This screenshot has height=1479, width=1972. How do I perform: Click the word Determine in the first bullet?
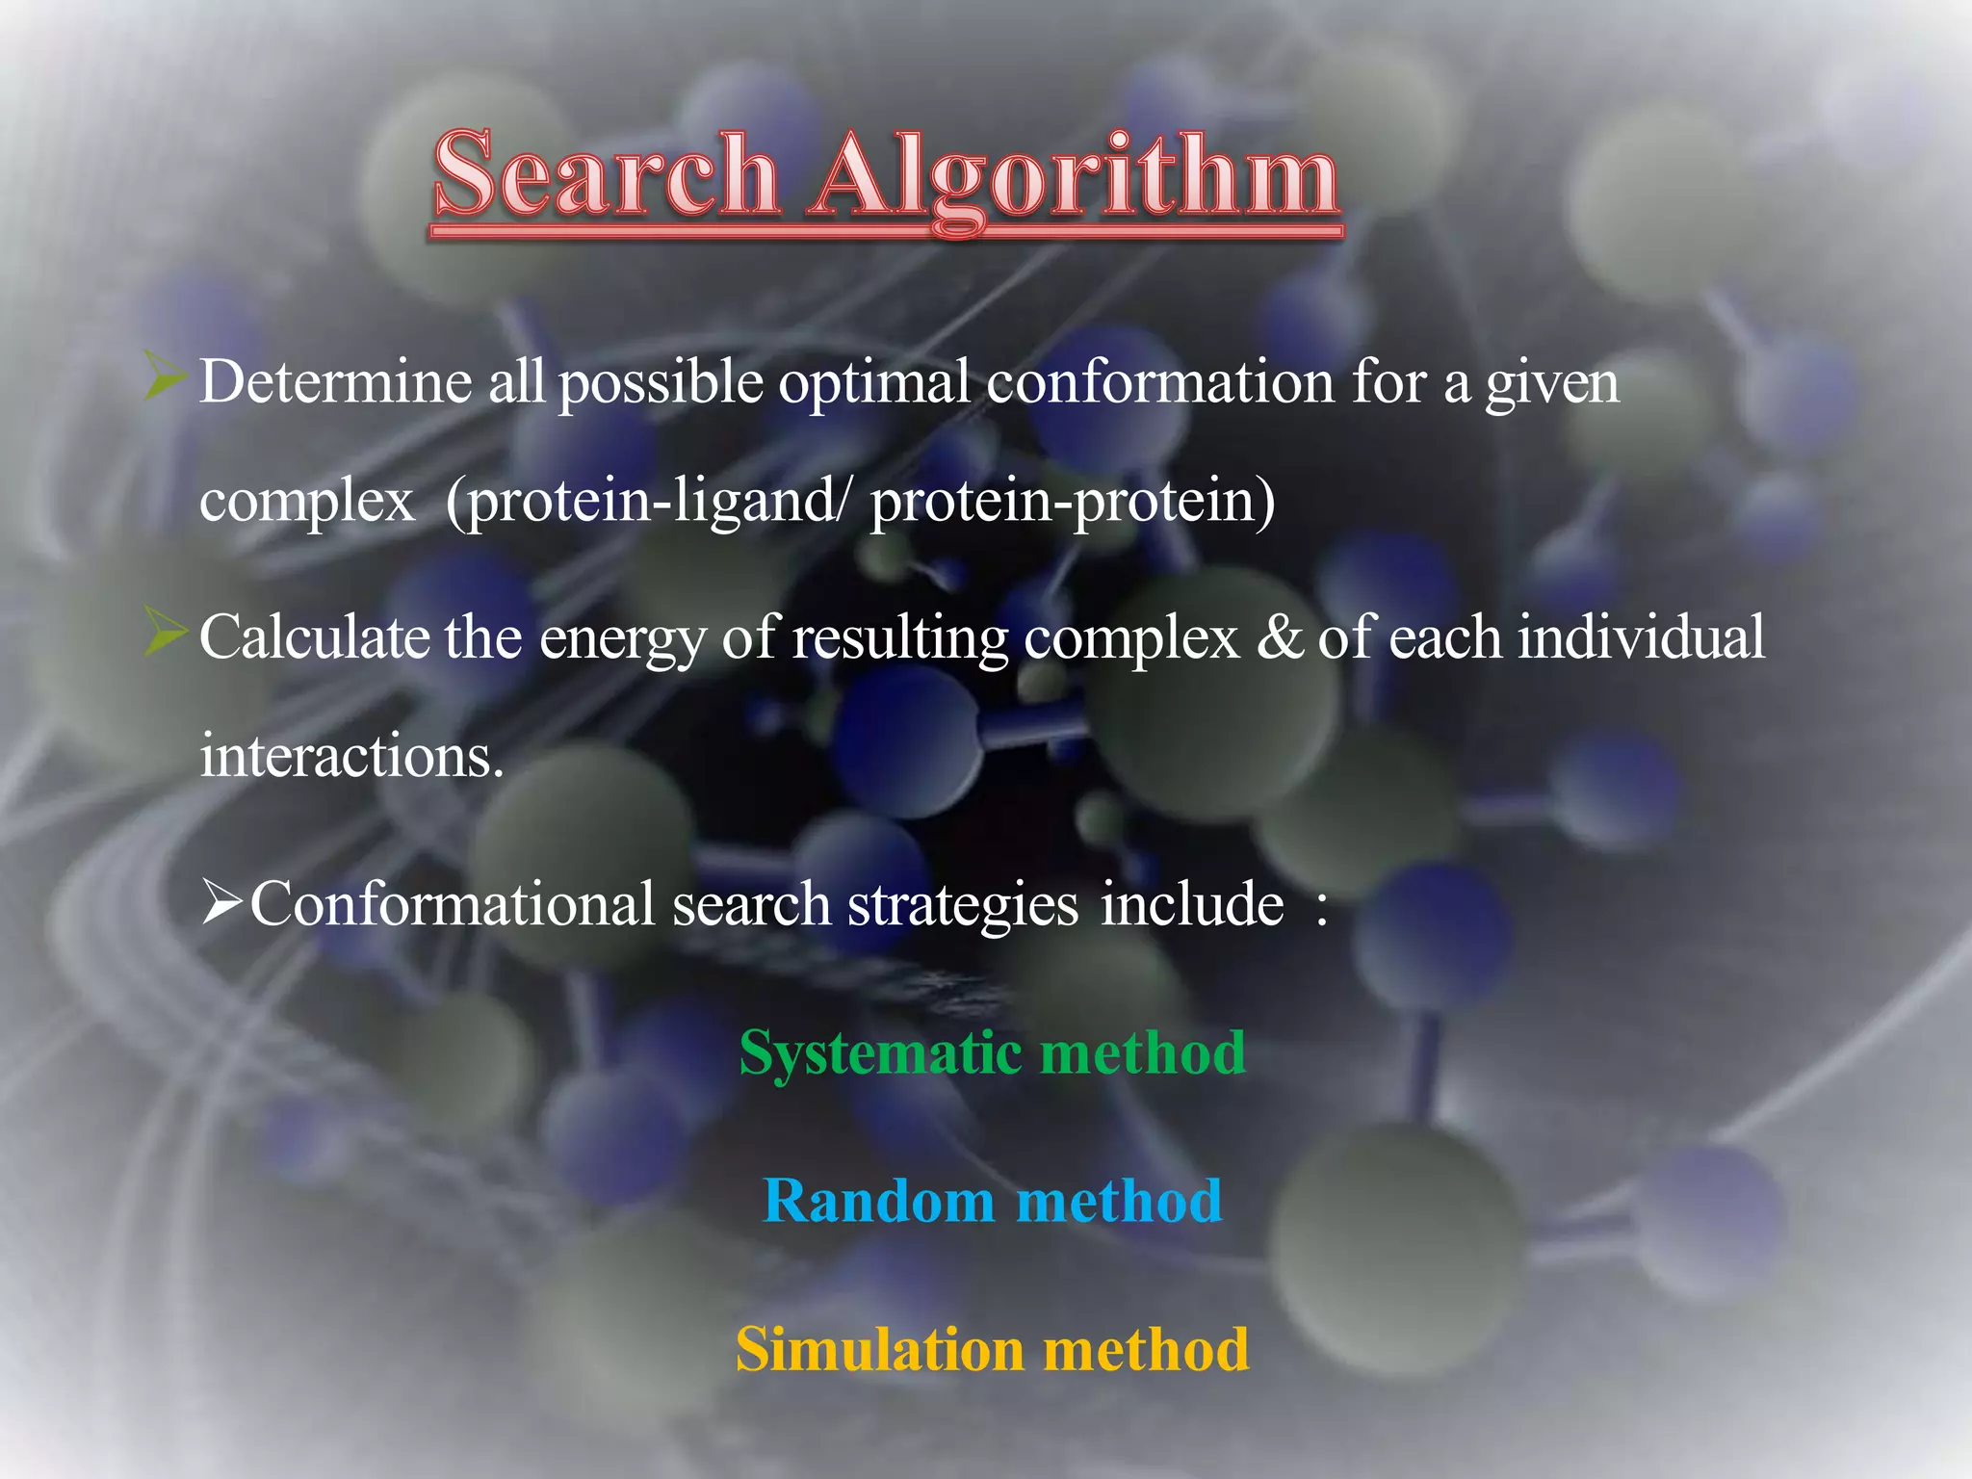pos(335,381)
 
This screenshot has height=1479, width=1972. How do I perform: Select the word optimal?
pos(873,383)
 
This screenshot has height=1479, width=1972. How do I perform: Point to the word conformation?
pos(1160,381)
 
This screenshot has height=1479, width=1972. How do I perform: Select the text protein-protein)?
pos(1073,502)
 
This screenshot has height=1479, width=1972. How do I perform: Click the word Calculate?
pos(313,636)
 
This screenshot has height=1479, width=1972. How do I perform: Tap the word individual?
pos(1641,636)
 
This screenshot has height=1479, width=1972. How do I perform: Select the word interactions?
pos(351,756)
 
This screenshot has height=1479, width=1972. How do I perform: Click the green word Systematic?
pos(880,1053)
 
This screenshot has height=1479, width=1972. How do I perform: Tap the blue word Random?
pos(878,1201)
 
